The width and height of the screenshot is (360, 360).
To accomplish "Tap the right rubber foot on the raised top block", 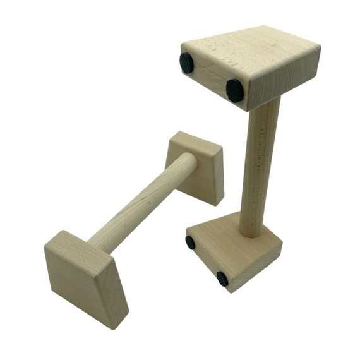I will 235,90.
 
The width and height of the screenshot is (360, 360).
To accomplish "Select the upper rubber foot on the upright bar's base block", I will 190,242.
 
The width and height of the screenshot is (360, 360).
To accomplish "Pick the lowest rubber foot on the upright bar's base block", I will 222,279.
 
